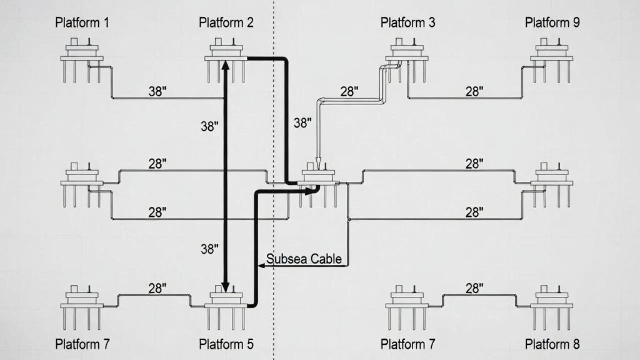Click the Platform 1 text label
coord(82,23)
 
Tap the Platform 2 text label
coord(226,23)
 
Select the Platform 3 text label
coord(408,23)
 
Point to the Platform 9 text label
coord(552,23)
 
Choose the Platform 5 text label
coord(226,344)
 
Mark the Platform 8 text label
coord(552,344)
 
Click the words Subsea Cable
coord(304,259)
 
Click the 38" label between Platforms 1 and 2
coord(158,91)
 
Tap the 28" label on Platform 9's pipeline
coord(475,91)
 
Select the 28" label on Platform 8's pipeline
coord(475,288)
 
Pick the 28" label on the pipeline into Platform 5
coord(158,288)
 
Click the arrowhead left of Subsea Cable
coord(262,266)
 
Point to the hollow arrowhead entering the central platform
coord(318,166)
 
